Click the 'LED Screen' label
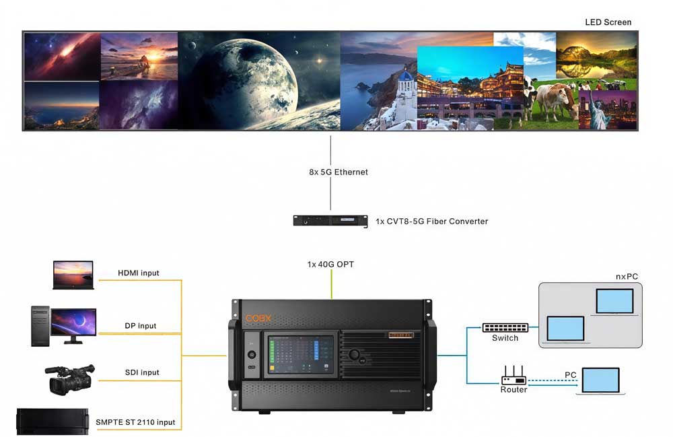(x=608, y=22)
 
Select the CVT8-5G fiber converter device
(x=330, y=221)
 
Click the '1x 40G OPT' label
(x=330, y=265)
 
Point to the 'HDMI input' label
(x=139, y=273)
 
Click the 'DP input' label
(x=141, y=326)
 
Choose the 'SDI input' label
(x=141, y=372)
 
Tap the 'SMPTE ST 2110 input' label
(x=136, y=422)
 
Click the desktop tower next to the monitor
(x=40, y=326)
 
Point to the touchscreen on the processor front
(x=299, y=356)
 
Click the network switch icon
(x=505, y=327)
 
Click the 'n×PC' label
(x=627, y=277)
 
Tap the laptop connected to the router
(x=601, y=381)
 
